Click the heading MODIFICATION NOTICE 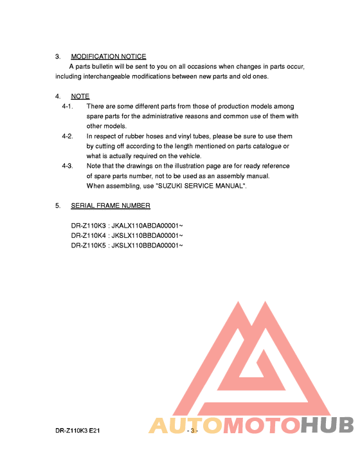(x=108, y=57)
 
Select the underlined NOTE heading (x=80, y=96)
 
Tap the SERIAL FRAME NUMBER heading (x=111, y=206)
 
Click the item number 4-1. (x=67, y=106)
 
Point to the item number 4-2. (x=67, y=136)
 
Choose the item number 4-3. (x=67, y=166)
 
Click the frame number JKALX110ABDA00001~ (x=147, y=226)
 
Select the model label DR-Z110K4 (x=89, y=236)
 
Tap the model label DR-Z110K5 (x=89, y=246)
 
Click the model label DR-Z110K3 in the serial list (x=89, y=226)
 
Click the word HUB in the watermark (x=327, y=426)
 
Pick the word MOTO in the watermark (x=260, y=426)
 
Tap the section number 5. (x=57, y=206)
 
